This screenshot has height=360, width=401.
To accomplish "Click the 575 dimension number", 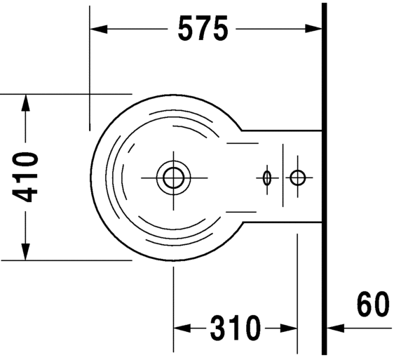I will coord(203,29).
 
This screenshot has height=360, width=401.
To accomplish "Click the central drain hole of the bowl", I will coord(173,177).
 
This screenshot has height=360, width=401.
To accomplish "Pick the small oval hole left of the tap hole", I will coord(266,178).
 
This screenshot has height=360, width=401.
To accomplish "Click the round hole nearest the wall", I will coord(298,178).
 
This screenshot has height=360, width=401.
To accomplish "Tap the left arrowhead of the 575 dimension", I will coord(99,29).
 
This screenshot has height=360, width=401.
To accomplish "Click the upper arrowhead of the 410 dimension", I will coord(26,102).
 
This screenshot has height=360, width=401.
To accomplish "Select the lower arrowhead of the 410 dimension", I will coord(26,251).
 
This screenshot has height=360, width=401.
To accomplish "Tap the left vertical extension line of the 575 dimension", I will coord(89,70).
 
